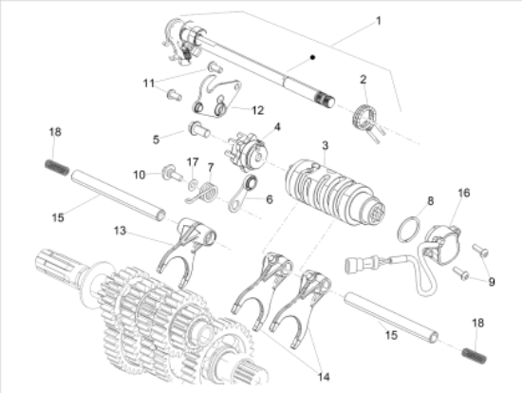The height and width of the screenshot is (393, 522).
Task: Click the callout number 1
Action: pyautogui.click(x=378, y=21)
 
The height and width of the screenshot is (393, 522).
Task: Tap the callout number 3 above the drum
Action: pyautogui.click(x=326, y=145)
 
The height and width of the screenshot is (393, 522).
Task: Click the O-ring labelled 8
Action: pyautogui.click(x=408, y=229)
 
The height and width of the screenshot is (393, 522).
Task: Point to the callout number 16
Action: pyautogui.click(x=464, y=193)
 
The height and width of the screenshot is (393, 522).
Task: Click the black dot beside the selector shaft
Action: pyautogui.click(x=312, y=57)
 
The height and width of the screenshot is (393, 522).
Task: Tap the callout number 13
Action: pyautogui.click(x=121, y=231)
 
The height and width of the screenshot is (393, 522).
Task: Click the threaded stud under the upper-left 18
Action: pyautogui.click(x=57, y=167)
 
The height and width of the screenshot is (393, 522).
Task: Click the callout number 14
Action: pyautogui.click(x=324, y=377)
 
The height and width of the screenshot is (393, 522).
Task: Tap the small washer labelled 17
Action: pyautogui.click(x=193, y=184)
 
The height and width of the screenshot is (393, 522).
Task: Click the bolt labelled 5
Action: pyautogui.click(x=199, y=129)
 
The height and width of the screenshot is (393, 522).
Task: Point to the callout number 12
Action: pyautogui.click(x=257, y=110)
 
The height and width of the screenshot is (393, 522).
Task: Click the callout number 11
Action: pyautogui.click(x=149, y=83)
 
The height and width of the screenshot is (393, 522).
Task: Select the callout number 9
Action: pyautogui.click(x=492, y=282)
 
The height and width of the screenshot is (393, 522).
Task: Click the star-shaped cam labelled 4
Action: pyautogui.click(x=247, y=153)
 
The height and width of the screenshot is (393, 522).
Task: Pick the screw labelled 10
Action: pyautogui.click(x=172, y=173)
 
